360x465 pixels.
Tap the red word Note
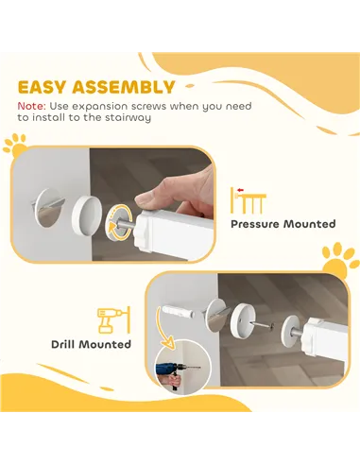coord(30,107)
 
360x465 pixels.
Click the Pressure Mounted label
coord(283,224)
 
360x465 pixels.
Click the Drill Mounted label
coord(91,344)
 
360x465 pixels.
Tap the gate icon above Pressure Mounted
coord(249,198)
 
